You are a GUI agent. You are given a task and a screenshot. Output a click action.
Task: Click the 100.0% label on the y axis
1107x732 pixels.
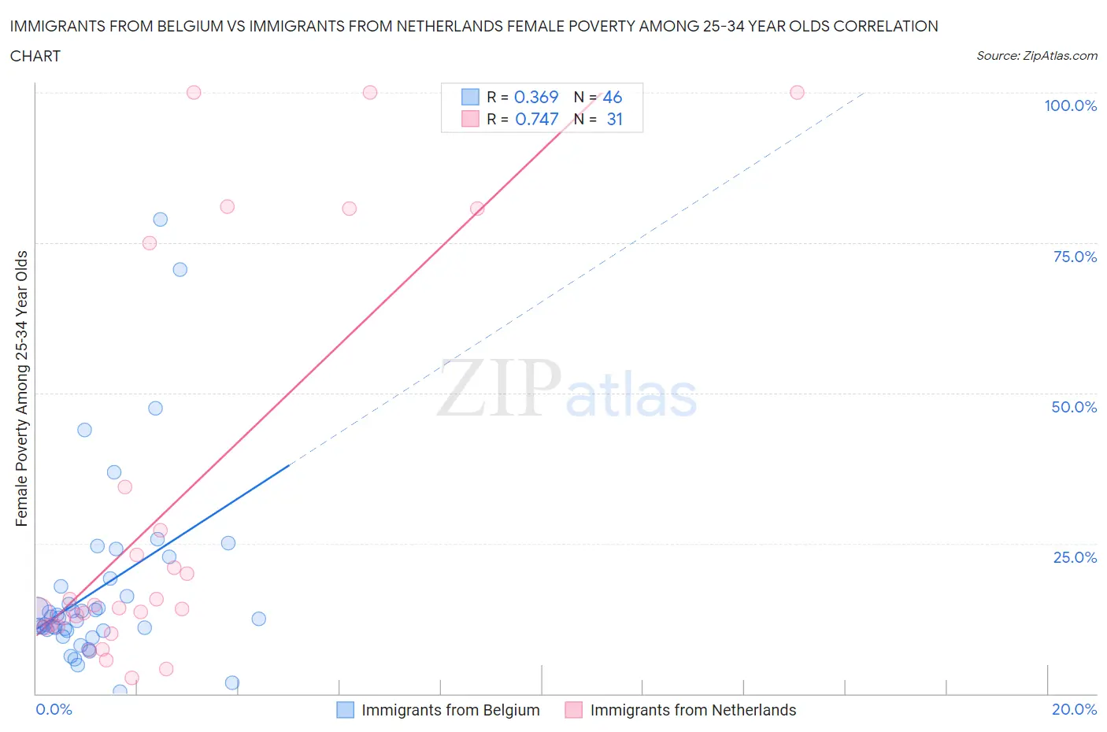[1070, 106]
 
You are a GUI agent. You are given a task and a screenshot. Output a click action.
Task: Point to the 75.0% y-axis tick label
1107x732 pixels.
[1075, 257]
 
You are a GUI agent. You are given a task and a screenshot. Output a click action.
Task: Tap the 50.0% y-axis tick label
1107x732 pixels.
[1074, 407]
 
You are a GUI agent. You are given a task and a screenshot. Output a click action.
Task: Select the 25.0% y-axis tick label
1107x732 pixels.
[1075, 557]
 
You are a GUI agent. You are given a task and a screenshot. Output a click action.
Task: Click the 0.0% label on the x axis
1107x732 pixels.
[54, 709]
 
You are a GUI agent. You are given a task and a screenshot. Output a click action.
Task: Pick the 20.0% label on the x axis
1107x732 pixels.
[1074, 709]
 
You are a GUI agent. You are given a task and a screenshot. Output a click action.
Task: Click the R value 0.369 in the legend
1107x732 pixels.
[536, 97]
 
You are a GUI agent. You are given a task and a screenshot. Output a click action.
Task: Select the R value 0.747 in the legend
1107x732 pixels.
[536, 119]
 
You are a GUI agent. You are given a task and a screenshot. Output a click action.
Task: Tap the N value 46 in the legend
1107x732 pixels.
[613, 97]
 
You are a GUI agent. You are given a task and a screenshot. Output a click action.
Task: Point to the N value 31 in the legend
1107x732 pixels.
[614, 119]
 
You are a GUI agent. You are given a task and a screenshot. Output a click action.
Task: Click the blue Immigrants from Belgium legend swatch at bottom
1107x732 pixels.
[345, 710]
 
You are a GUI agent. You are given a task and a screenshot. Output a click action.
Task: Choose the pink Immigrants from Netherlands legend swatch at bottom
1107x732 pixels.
[574, 710]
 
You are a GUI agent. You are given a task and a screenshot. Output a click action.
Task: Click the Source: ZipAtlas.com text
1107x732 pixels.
[1036, 56]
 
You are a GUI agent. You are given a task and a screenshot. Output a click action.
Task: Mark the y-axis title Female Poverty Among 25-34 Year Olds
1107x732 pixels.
[22, 388]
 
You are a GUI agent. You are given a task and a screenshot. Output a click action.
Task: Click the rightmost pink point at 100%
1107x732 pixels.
[797, 93]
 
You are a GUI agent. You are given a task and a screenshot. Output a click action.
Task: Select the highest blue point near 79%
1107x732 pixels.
[160, 220]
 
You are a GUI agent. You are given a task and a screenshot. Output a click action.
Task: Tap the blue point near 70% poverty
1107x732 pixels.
[180, 269]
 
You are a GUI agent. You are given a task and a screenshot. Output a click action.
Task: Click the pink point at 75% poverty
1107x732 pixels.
[150, 243]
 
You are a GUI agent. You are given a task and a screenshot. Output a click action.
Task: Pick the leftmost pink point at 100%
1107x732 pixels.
[194, 93]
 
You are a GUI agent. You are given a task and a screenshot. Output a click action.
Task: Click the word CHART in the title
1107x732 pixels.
[35, 56]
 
